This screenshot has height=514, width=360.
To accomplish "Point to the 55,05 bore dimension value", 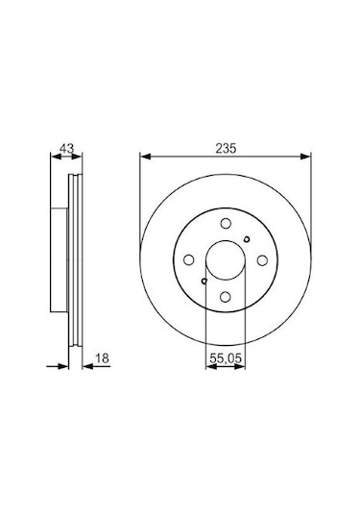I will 224,359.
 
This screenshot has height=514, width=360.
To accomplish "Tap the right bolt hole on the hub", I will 260,260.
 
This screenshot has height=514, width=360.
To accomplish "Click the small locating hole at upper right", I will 247,240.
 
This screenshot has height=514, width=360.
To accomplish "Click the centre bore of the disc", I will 223,260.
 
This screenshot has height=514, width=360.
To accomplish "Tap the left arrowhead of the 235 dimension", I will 144,157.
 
